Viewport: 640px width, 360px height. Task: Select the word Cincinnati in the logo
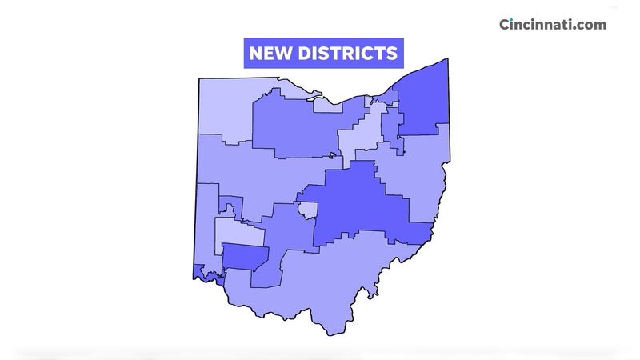pyautogui.click(x=538, y=24)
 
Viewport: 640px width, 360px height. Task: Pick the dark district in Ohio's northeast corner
pyautogui.click(x=422, y=100)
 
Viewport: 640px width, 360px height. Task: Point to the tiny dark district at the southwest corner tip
pyautogui.click(x=198, y=272)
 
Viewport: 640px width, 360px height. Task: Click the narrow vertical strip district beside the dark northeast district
pyautogui.click(x=392, y=124)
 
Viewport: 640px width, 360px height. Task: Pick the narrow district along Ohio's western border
pyautogui.click(x=206, y=220)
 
